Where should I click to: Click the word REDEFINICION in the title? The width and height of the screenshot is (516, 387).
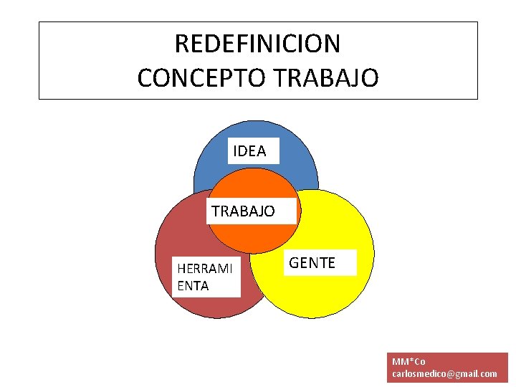tap(257, 44)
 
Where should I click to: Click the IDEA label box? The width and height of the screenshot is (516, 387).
tap(249, 151)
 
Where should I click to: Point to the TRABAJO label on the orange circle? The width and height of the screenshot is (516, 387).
tap(243, 211)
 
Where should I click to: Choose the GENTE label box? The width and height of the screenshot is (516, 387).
tap(312, 263)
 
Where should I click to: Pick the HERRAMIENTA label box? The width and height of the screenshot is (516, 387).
tap(206, 277)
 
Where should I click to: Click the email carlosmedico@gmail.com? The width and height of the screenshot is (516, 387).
tap(444, 374)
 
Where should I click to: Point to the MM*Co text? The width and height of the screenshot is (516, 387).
tap(408, 362)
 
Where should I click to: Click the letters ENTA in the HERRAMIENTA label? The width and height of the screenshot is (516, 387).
tap(192, 286)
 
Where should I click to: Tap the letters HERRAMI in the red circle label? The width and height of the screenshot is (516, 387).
tap(205, 269)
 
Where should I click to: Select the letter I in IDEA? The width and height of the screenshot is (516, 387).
tap(235, 151)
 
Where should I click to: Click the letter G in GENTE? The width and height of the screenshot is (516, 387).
tap(293, 263)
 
